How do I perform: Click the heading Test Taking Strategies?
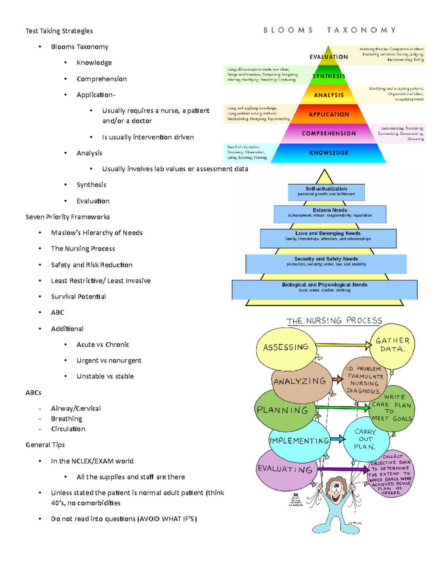coord(59,31)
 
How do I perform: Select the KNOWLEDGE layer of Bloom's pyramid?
coord(328,153)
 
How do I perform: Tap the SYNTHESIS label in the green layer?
coord(329,76)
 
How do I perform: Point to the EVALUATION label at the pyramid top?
coord(328,57)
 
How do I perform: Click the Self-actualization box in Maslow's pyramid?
coord(326,191)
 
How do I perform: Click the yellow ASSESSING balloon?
coord(285,347)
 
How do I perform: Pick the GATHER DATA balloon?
coord(392,345)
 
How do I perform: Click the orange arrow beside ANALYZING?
coord(337,379)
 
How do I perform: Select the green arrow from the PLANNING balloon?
coord(343,408)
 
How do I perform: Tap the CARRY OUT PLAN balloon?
coord(365,439)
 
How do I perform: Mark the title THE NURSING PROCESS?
coord(334,321)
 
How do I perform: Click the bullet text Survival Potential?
coord(78,296)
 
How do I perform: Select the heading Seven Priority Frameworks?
coord(67,217)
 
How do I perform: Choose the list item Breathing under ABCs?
coord(66,419)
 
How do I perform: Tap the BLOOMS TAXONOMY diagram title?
coord(330,30)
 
